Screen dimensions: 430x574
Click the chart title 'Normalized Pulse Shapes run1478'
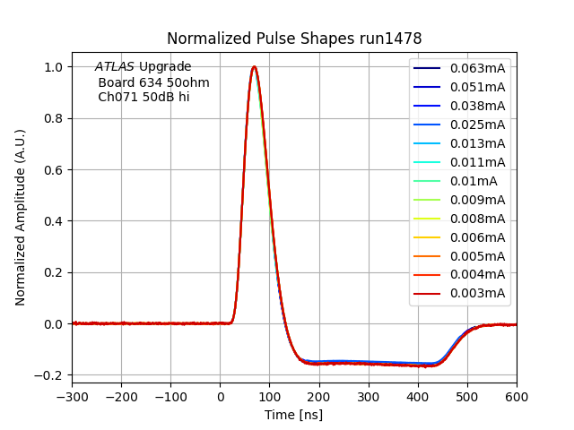[x=294, y=39]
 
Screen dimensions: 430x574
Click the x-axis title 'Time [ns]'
[x=293, y=415]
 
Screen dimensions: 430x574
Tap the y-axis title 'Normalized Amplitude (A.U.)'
[x=21, y=218]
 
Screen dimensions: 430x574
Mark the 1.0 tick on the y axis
[x=55, y=67]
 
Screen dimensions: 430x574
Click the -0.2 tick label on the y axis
[x=51, y=375]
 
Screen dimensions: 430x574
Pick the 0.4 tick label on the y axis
[x=55, y=221]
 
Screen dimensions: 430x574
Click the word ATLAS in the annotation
[x=115, y=67]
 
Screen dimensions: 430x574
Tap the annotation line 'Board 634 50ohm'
[x=153, y=82]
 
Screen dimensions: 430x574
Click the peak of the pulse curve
[x=254, y=67]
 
